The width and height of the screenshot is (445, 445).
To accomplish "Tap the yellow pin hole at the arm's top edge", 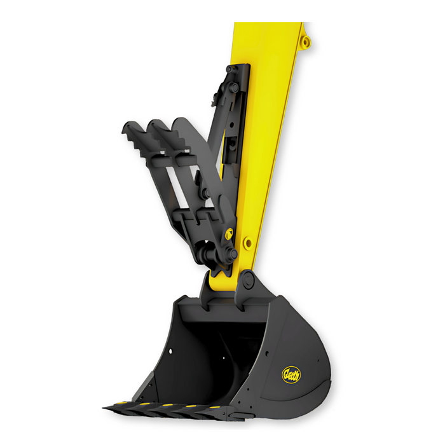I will coord(306,42).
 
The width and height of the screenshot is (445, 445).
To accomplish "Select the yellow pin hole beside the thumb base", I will coord(247,243).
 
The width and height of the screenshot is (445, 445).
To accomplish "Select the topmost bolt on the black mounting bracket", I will coord(234,88).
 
